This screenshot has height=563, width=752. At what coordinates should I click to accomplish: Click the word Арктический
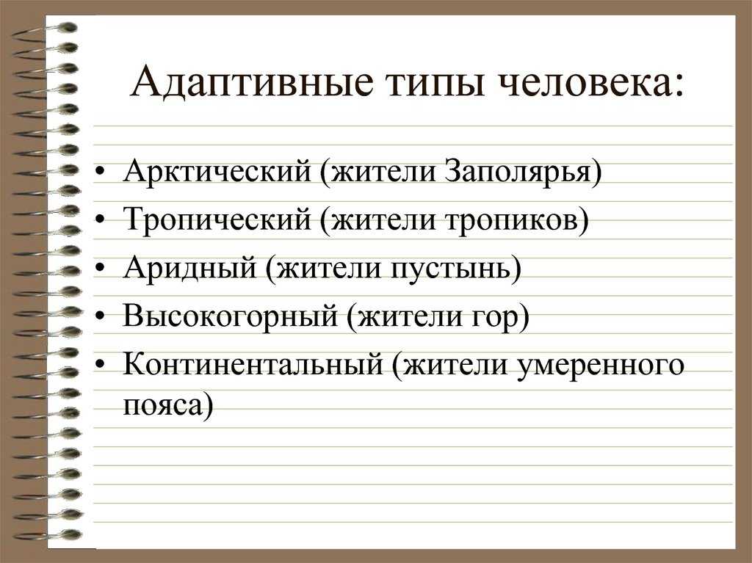coord(217,171)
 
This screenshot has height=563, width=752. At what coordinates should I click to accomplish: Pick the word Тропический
coord(217,219)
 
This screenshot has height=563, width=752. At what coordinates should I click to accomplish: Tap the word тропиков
coord(511,220)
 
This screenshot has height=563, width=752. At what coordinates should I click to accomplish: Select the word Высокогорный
coord(231,316)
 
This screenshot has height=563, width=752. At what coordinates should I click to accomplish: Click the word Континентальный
coord(253,364)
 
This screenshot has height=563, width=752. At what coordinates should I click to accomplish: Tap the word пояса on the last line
coord(162,406)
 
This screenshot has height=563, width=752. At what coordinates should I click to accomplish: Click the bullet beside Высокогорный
coord(100,316)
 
